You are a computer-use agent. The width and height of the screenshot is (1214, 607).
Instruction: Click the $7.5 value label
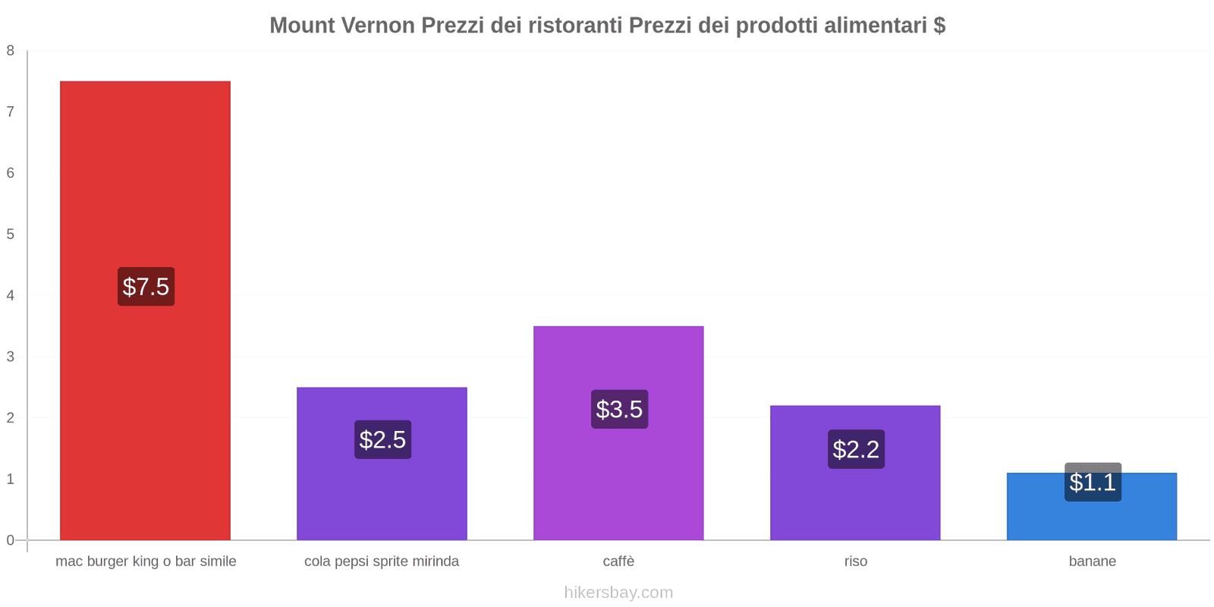146,287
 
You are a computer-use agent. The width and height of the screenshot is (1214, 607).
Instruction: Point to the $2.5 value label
382,440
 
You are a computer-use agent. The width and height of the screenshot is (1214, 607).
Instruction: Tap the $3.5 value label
619,410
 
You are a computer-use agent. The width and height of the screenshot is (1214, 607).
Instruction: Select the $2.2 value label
856,449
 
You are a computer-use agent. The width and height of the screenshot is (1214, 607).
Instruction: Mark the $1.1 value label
1093,482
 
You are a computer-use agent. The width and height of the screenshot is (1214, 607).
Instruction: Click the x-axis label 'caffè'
618,561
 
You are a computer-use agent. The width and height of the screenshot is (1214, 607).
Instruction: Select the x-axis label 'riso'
855,561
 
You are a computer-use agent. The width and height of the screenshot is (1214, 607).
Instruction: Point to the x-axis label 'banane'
1092,561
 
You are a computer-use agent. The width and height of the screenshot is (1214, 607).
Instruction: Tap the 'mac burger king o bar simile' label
146,561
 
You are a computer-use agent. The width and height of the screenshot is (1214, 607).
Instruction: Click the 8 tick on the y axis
11,51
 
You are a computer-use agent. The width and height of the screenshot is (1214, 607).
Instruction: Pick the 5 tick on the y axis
11,234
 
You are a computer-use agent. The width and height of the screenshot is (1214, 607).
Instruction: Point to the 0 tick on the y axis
11,540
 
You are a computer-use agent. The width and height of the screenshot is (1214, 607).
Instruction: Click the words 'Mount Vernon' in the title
342,25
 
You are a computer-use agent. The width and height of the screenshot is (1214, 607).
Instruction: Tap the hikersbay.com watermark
618,593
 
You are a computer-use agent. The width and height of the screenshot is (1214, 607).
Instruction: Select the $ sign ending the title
939,25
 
